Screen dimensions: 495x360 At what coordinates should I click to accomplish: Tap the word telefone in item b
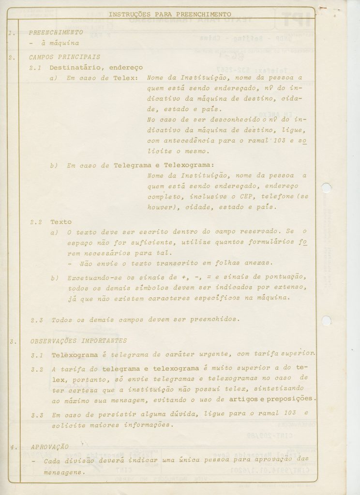point(281,197)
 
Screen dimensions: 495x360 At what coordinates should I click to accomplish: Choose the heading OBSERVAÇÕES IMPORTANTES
point(78,341)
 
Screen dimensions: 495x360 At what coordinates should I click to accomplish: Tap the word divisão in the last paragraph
point(80,461)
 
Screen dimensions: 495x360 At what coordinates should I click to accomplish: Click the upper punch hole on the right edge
point(327,189)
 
